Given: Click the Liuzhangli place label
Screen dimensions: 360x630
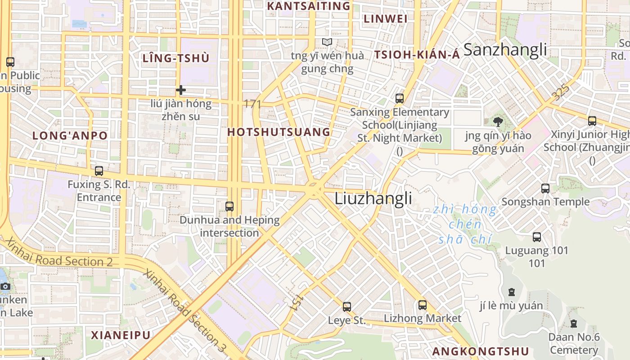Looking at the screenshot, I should tap(373, 198).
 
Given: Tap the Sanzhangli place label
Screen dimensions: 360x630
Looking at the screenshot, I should tap(505, 49).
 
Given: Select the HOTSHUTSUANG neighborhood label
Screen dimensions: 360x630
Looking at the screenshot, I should tap(279, 132).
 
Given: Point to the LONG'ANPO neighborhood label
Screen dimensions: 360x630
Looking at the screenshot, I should tap(70, 135).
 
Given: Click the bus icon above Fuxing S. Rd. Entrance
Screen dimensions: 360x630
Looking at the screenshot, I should tap(99, 171).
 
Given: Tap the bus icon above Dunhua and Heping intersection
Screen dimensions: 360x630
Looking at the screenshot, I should tap(229, 207).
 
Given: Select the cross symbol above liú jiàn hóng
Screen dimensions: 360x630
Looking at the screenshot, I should tap(181, 90).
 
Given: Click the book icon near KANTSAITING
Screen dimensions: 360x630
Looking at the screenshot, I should tap(327, 42).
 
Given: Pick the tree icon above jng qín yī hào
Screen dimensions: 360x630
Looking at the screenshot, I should tap(498, 121).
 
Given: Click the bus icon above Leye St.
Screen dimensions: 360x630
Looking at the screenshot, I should tap(346, 307).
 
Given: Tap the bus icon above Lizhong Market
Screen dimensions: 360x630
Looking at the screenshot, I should tap(422, 305).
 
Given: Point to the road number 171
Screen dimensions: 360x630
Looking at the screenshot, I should tap(252, 104).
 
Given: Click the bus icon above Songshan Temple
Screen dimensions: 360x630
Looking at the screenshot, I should tap(545, 189).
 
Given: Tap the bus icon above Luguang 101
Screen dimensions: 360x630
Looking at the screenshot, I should tap(536, 237).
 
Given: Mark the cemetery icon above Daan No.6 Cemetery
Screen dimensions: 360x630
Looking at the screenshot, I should tap(574, 323).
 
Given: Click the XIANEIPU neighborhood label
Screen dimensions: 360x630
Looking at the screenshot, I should tap(121, 335).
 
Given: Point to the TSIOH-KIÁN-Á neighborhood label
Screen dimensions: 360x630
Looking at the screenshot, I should tap(417, 55).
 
